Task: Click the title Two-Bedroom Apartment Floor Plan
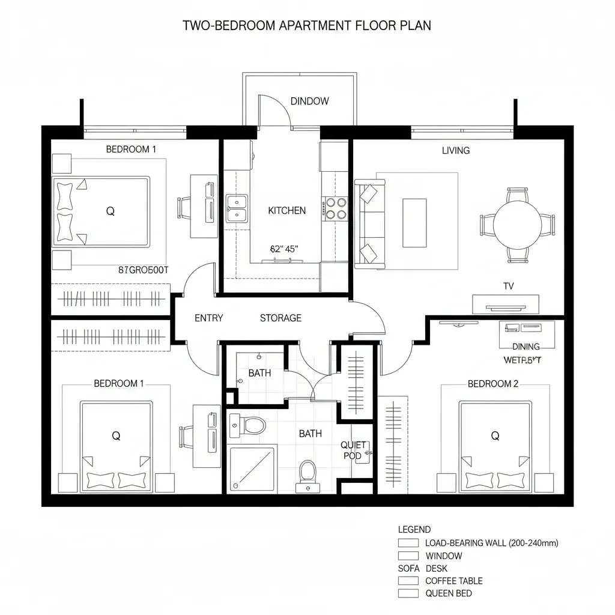[x=306, y=26]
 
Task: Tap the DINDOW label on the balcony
[x=309, y=101]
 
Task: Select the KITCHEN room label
[x=286, y=210]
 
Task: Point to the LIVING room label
[x=455, y=150]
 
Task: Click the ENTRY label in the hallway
[x=208, y=318]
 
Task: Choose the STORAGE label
[x=280, y=318]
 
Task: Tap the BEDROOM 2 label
[x=492, y=384]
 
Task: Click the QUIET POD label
[x=353, y=450]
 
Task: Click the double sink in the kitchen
[x=237, y=208]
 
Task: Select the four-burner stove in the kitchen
[x=335, y=208]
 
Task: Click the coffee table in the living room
[x=414, y=222]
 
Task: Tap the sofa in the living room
[x=366, y=224]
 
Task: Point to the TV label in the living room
[x=508, y=286]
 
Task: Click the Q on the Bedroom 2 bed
[x=495, y=436]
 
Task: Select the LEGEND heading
[x=414, y=530]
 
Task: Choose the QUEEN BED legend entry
[x=448, y=593]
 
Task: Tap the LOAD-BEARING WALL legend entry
[x=491, y=543]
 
